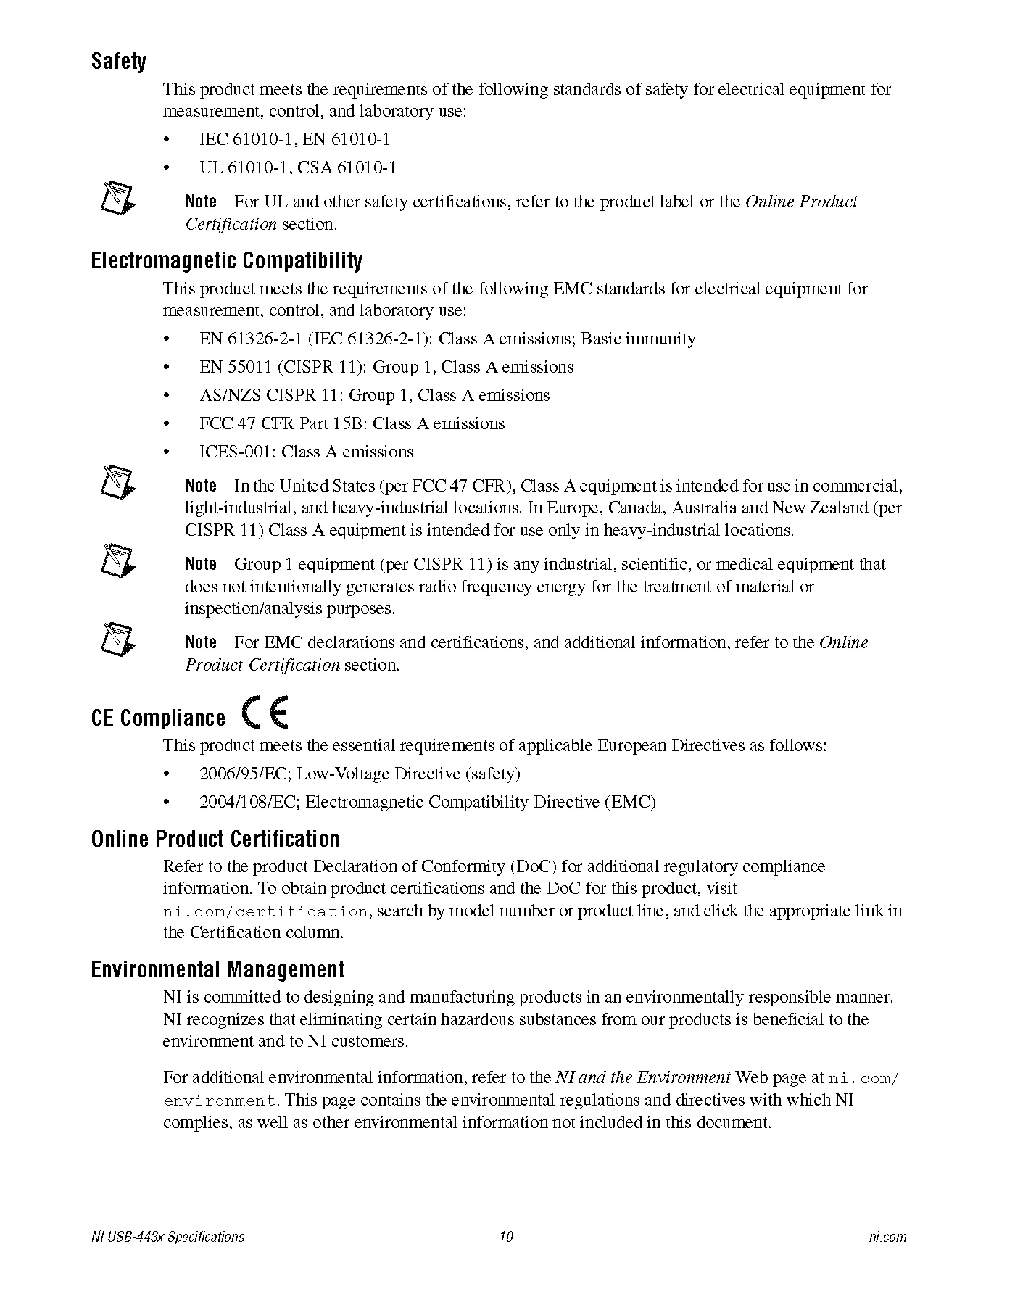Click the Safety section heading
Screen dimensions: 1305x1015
[x=118, y=62]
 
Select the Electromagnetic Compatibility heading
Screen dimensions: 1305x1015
[x=226, y=260]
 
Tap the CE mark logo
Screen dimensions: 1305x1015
[x=266, y=712]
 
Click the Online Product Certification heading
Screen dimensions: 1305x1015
[x=215, y=839]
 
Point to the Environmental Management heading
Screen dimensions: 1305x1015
[x=217, y=969]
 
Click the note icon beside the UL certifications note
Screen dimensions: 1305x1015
[x=117, y=198]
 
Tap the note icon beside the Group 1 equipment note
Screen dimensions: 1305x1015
[x=117, y=560]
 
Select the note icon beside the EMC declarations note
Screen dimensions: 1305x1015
[x=117, y=638]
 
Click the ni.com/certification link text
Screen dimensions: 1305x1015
[x=265, y=911]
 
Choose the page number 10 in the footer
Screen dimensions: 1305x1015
[x=506, y=1237]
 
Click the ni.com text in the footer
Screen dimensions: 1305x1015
[x=887, y=1237]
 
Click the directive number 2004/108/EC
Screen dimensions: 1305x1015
[x=249, y=802]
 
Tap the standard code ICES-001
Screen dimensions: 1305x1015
[x=236, y=452]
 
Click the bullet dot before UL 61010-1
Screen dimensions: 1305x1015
[x=167, y=168]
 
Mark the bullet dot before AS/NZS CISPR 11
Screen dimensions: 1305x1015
[x=167, y=396]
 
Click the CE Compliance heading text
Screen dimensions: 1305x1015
[x=158, y=718]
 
